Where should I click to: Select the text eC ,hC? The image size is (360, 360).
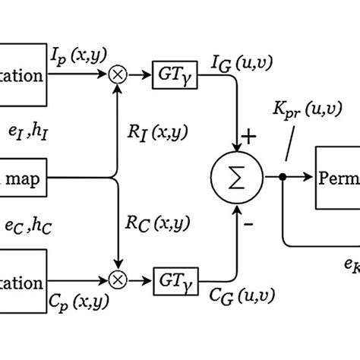28,226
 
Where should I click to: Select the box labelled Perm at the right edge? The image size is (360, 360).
338,180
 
